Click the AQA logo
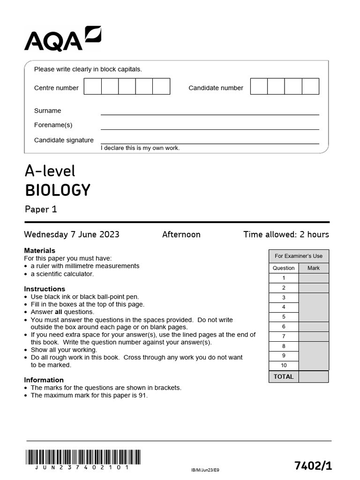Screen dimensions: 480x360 62,39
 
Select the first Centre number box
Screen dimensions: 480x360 93,87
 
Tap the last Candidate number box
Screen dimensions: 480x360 310,87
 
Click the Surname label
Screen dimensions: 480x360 47,111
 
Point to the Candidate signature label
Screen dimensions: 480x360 64,140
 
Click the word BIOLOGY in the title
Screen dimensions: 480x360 57,190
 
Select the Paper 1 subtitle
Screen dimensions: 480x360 41,210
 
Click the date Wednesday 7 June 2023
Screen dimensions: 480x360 72,234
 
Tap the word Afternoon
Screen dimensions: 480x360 181,234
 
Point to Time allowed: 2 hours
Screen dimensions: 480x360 286,234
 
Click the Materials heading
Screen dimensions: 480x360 39,251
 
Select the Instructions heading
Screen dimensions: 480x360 45,289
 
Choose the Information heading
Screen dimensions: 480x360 44,380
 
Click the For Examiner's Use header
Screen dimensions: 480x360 299,256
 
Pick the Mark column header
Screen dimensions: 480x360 313,268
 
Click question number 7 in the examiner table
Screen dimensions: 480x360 284,337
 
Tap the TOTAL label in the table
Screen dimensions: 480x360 284,376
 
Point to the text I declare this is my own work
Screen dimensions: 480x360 140,148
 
